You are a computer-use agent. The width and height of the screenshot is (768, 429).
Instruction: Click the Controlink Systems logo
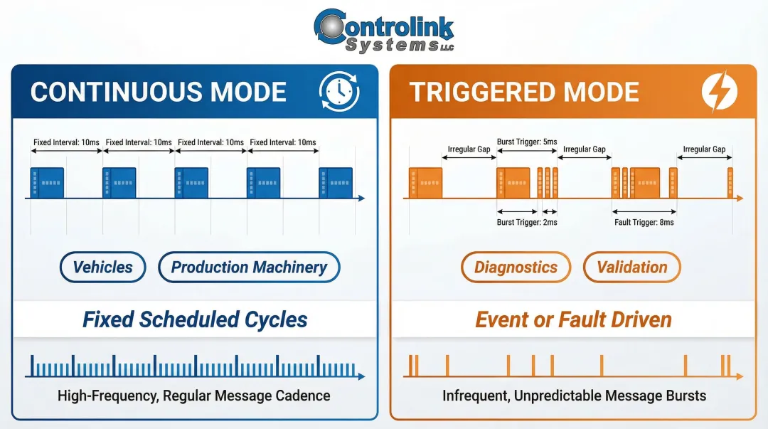pos(383,31)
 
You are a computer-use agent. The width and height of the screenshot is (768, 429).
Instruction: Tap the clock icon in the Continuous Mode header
pos(338,92)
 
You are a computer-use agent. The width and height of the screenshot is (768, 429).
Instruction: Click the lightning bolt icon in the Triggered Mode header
pos(719,92)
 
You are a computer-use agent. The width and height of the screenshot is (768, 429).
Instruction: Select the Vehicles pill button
pos(102,268)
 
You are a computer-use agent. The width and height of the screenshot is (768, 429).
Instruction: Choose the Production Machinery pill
pos(249,268)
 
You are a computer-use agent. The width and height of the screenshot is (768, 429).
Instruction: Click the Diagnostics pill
pos(516,268)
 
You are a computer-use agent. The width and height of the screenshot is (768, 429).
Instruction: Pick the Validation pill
pos(631,268)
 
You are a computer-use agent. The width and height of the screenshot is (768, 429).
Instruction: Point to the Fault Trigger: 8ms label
pos(644,223)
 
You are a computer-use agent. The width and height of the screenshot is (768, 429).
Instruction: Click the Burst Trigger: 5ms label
pos(526,142)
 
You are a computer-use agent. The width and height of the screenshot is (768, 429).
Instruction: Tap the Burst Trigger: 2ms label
pos(526,223)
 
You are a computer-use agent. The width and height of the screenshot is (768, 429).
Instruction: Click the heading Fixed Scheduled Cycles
pos(195,319)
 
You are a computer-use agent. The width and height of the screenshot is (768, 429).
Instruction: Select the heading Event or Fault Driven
pos(573,319)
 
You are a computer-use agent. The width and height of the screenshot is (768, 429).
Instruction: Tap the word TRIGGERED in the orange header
pos(483,92)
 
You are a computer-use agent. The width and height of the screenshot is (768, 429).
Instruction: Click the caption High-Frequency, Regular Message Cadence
pos(194,396)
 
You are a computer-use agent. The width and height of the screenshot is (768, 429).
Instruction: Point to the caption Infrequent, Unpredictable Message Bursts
pos(574,396)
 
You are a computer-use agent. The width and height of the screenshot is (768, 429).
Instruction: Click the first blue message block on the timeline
pos(47,183)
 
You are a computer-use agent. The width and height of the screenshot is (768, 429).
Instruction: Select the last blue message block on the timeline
pos(336,183)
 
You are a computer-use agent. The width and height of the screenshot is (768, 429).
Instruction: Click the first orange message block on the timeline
pos(425,183)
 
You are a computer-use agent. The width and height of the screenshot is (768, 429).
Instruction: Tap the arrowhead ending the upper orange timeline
pos(740,198)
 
